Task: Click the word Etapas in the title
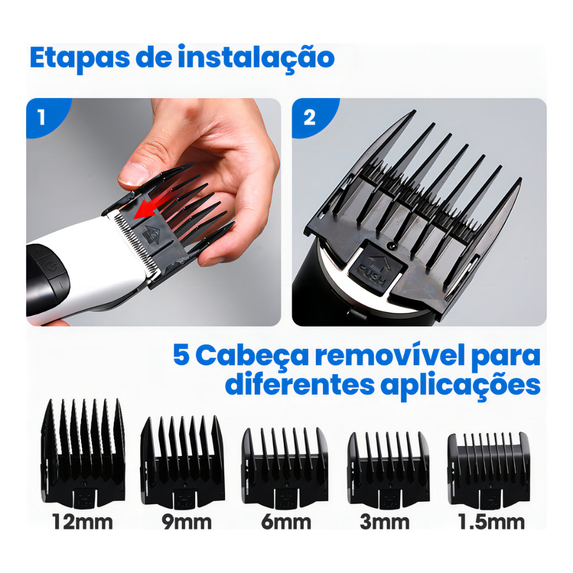tap(79, 58)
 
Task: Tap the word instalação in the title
tap(256, 58)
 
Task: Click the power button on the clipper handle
tap(53, 266)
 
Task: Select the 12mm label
tap(83, 522)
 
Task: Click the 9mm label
tap(187, 522)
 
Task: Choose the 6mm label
tap(286, 522)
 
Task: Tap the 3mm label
tap(384, 522)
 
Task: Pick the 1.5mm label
tap(491, 522)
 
